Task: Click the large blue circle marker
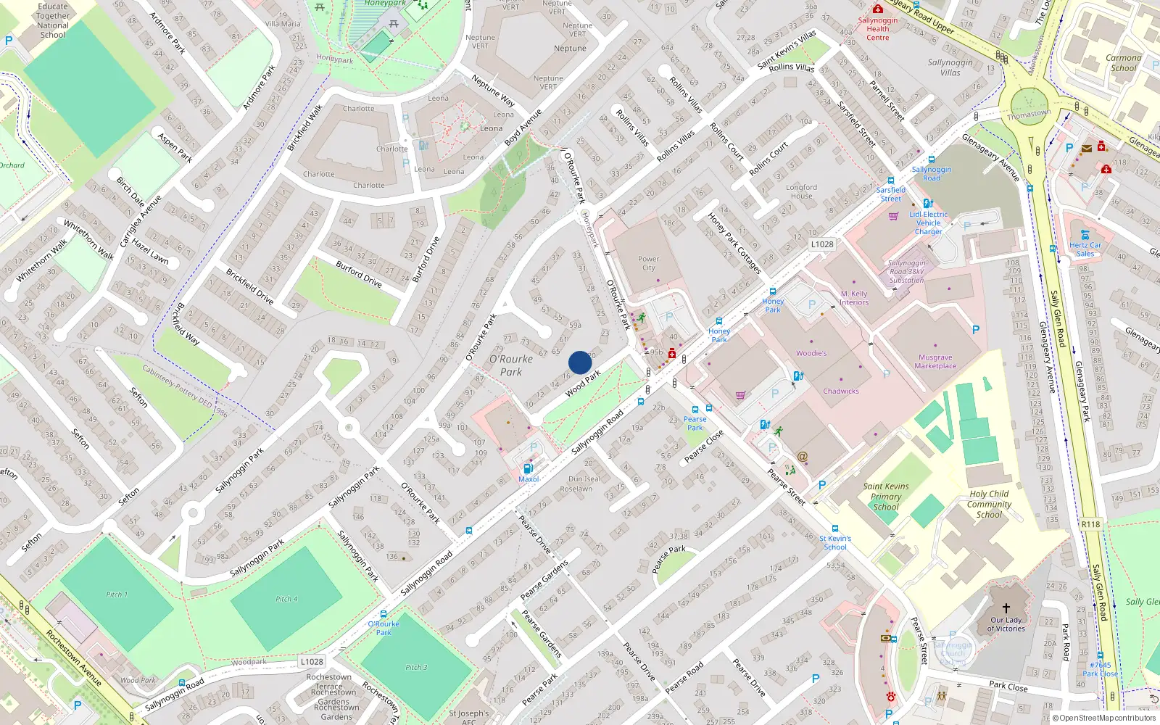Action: point(580,362)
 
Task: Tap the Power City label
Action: point(648,263)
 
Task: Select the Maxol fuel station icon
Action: point(529,468)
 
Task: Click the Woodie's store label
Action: point(811,353)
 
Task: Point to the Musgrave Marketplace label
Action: point(935,361)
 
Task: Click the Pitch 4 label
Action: point(286,599)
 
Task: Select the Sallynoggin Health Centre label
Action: point(877,29)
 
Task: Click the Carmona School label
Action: point(1123,62)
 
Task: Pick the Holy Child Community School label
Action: point(988,504)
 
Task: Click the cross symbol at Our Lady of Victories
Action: point(1006,608)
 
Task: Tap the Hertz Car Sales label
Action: point(1085,249)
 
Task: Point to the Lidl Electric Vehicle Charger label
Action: point(928,223)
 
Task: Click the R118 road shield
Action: point(1090,524)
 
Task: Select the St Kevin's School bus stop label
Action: point(835,542)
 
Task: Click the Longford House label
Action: point(801,191)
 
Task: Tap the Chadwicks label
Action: point(841,391)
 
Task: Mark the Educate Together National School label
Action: point(53,20)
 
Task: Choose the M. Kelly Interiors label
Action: point(854,298)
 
